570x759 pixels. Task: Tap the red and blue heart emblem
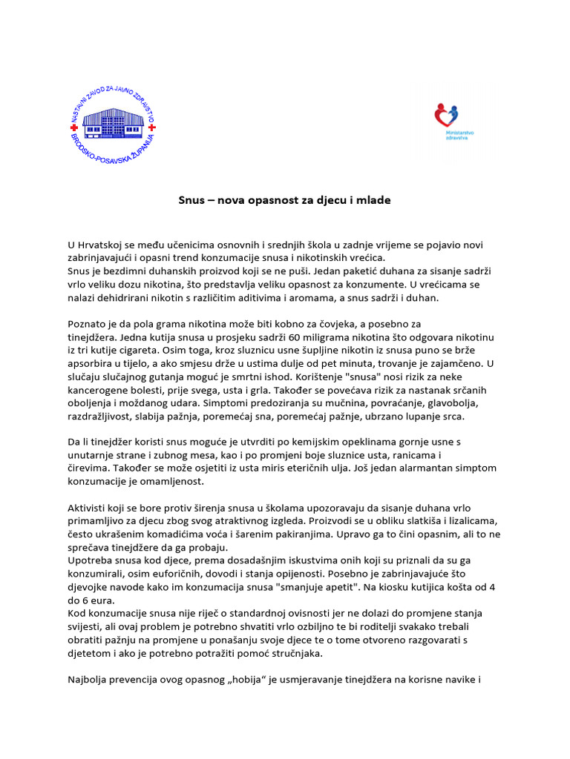tap(446, 115)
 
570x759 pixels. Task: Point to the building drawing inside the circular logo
tap(112, 119)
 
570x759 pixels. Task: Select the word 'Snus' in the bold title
tap(191, 200)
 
